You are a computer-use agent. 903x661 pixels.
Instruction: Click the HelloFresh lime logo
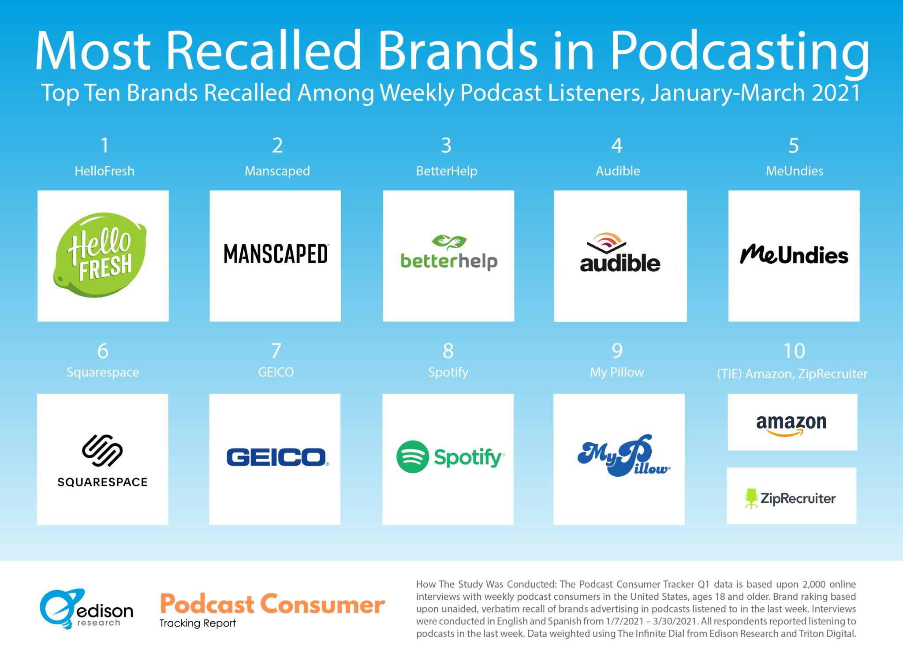point(100,255)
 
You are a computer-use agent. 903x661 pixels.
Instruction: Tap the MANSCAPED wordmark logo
point(276,254)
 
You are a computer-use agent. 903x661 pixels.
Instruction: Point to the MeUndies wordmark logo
point(794,254)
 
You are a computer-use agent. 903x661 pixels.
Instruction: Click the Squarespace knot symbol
point(102,450)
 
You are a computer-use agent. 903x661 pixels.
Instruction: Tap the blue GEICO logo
point(277,457)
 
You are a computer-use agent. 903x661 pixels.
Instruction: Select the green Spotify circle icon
point(413,457)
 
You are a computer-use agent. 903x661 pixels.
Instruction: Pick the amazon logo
point(791,425)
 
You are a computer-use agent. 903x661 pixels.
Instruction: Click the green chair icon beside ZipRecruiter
point(751,498)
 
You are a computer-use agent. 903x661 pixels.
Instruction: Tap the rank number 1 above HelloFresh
point(104,146)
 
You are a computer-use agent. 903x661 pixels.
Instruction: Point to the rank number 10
point(794,351)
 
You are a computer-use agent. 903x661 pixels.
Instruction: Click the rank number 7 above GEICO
point(276,351)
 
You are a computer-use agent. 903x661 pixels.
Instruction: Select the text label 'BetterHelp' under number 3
point(447,171)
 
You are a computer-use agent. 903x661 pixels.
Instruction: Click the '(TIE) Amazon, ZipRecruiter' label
point(792,374)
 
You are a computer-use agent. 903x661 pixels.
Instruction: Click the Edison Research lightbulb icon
point(62,609)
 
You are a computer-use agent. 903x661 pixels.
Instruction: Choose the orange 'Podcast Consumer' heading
point(272,604)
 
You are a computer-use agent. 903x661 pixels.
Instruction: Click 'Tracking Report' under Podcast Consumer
point(198,623)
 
